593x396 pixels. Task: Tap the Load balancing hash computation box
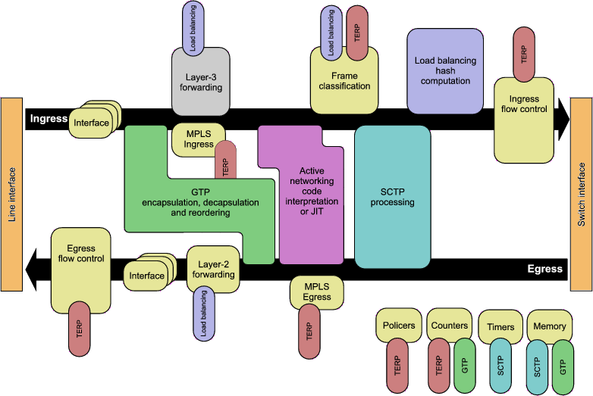pyautogui.click(x=444, y=70)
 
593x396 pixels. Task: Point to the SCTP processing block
pyautogui.click(x=393, y=197)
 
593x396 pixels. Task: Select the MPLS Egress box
pyautogui.click(x=317, y=292)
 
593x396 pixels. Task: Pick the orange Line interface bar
pyautogui.click(x=12, y=195)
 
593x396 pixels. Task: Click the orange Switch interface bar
pyautogui.click(x=581, y=195)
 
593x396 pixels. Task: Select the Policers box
pyautogui.click(x=398, y=326)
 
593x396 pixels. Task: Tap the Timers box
pyautogui.click(x=500, y=327)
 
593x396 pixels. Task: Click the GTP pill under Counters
pyautogui.click(x=465, y=365)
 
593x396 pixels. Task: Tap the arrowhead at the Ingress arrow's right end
pyautogui.click(x=562, y=119)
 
